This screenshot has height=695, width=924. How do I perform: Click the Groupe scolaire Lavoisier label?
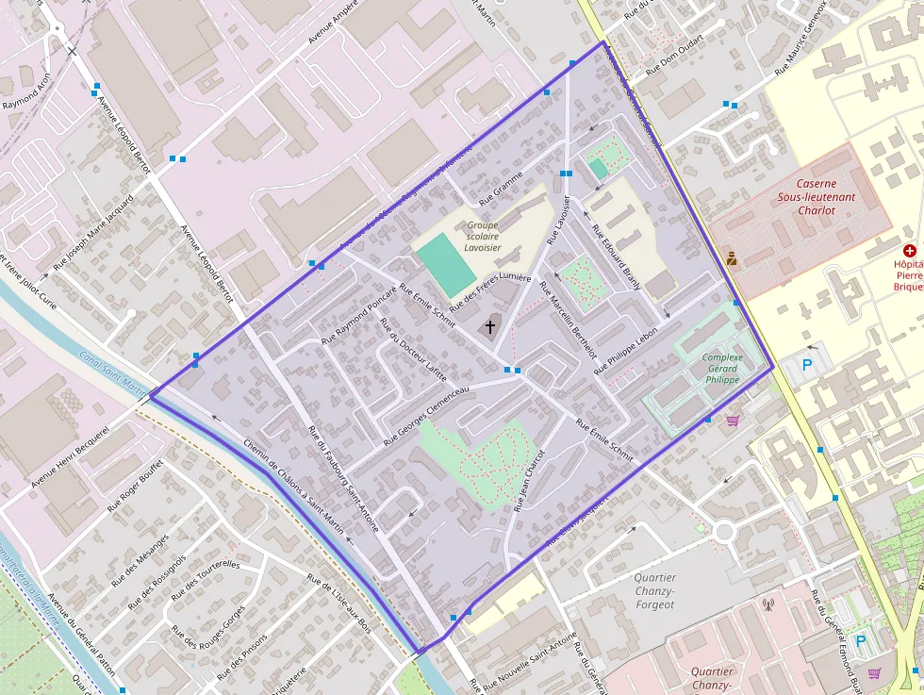pyautogui.click(x=483, y=236)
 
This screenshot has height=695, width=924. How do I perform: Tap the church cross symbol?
pyautogui.click(x=489, y=327)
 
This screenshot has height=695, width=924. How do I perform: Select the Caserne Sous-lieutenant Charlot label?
pyautogui.click(x=812, y=197)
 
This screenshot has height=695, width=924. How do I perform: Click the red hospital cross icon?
pyautogui.click(x=910, y=251)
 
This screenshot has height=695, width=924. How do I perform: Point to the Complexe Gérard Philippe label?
pyautogui.click(x=722, y=368)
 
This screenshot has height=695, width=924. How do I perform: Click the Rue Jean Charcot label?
pyautogui.click(x=529, y=480)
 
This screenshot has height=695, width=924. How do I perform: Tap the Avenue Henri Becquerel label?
pyautogui.click(x=71, y=455)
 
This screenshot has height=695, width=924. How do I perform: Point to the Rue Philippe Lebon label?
pyautogui.click(x=625, y=352)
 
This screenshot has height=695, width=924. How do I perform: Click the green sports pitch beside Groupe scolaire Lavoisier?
pyautogui.click(x=444, y=264)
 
